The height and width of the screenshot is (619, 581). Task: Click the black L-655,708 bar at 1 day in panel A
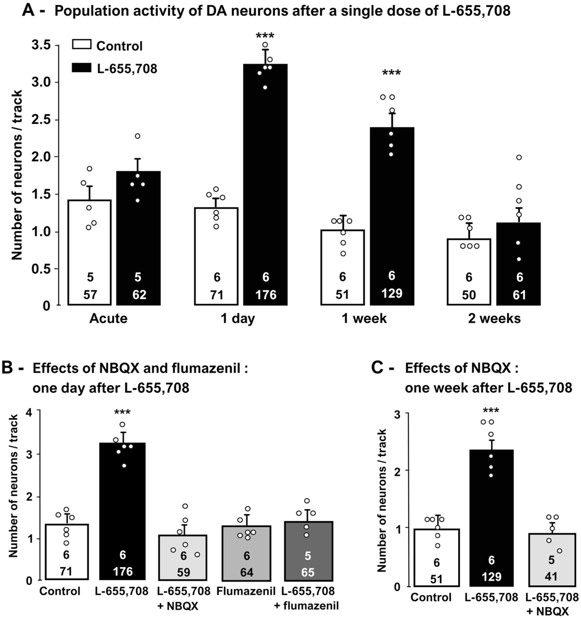[265, 184]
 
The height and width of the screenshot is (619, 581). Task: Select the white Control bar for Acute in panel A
[90, 252]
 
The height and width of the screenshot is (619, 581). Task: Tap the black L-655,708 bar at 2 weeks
[518, 264]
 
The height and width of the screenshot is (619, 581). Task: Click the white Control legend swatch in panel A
[82, 45]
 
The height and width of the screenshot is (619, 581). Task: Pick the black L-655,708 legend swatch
[82, 68]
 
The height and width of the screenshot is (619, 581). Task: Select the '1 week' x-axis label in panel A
[364, 318]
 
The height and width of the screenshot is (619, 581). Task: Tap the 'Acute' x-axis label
[108, 318]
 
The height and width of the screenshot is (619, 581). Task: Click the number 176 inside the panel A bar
[266, 294]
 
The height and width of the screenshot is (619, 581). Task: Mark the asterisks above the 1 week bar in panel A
[391, 73]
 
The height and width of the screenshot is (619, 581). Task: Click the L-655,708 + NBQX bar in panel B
[183, 557]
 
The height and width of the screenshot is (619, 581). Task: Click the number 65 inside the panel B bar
[308, 572]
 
